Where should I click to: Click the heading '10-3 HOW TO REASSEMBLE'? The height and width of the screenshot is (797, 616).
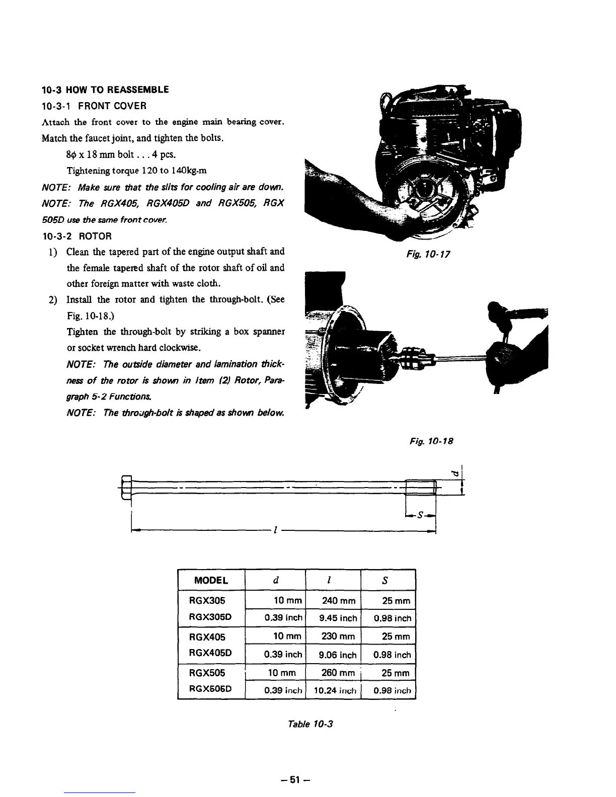(105, 90)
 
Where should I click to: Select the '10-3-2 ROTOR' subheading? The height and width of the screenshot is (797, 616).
(76, 236)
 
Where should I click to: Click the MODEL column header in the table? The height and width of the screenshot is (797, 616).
(211, 580)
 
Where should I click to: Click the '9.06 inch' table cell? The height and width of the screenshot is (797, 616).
(338, 655)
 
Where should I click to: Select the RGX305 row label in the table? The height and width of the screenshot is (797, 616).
(207, 600)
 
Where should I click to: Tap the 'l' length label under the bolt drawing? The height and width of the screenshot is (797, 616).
(274, 530)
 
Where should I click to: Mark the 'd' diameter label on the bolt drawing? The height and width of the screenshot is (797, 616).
(456, 473)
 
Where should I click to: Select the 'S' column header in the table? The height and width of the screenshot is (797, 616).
(384, 580)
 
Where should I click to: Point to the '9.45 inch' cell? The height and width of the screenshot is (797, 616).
(338, 618)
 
